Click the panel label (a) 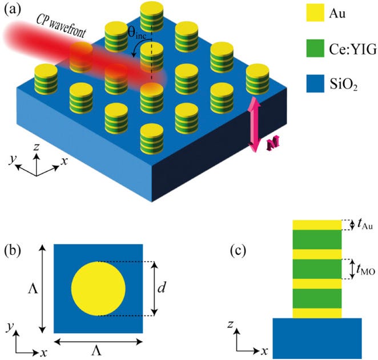point(12,10)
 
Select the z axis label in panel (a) point(36,147)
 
